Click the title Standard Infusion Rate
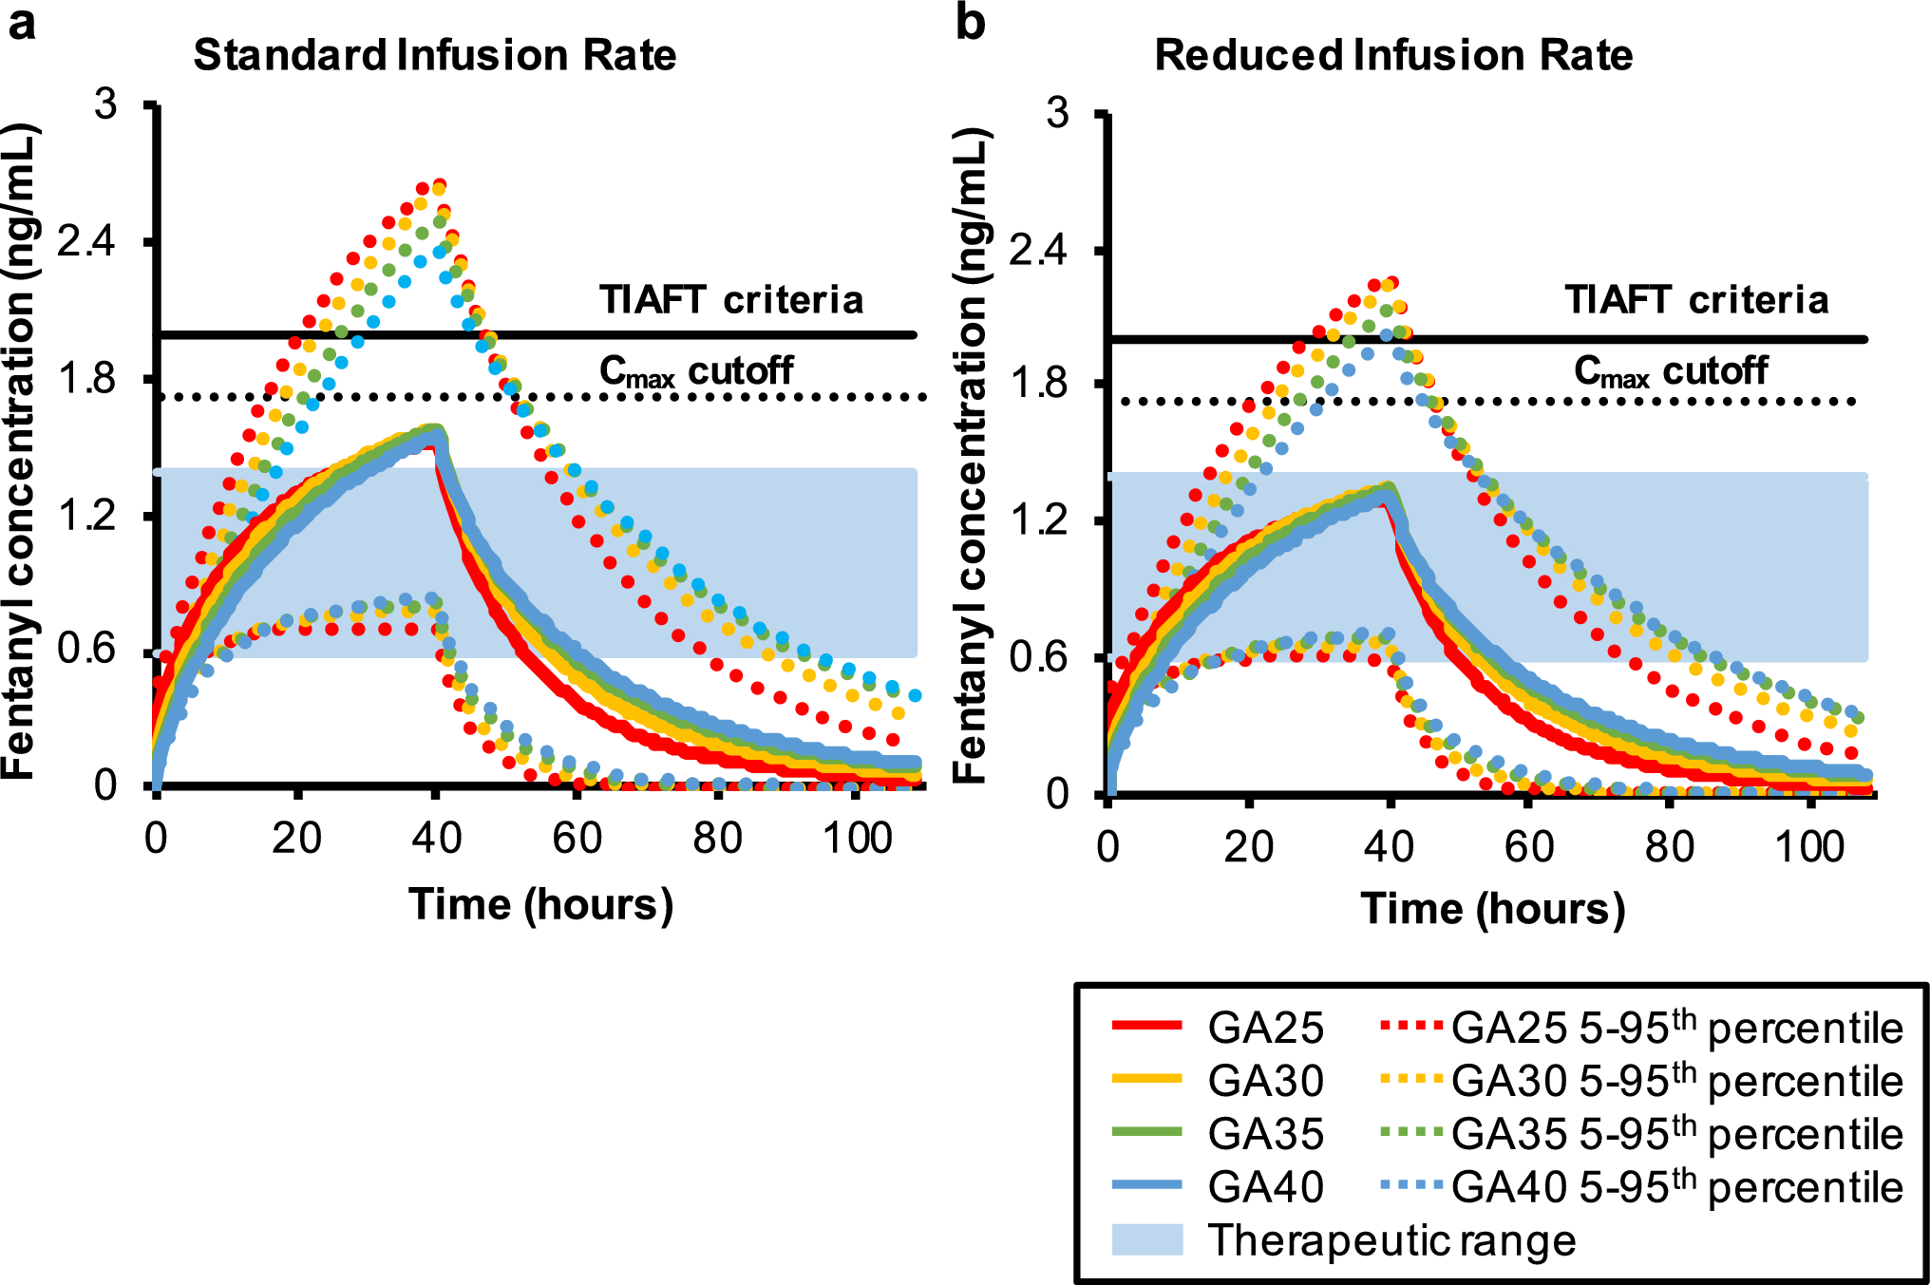coord(434,55)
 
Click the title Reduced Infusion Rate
coord(1392,55)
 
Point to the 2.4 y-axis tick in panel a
coord(86,242)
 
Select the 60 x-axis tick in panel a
coord(577,839)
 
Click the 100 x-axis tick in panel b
coord(1809,846)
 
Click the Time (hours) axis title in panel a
coord(540,903)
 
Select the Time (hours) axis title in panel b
coord(1492,909)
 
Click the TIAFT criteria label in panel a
coord(731,300)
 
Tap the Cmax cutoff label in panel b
coord(1671,370)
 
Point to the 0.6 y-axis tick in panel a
coord(86,650)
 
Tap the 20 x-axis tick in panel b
coord(1248,846)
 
